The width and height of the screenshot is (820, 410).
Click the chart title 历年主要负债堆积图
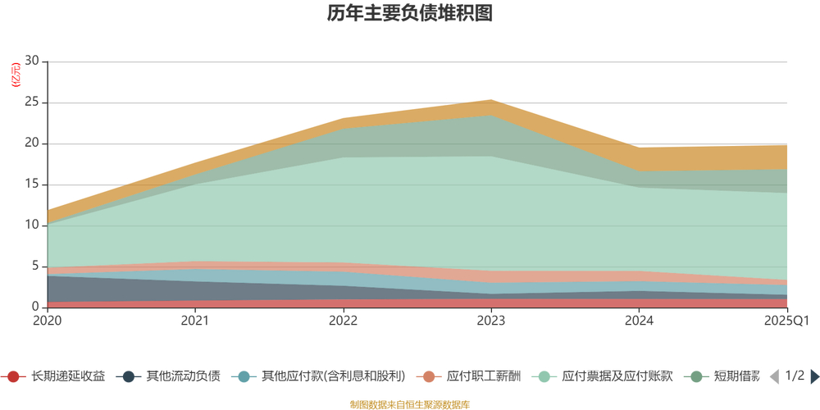(409, 14)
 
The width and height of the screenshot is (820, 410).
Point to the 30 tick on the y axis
(32, 61)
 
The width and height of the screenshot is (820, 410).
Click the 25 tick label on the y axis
(32, 102)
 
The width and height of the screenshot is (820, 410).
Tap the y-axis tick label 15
(32, 184)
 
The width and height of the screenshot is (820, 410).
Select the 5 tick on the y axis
(35, 266)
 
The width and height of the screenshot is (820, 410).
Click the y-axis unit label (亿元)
(16, 75)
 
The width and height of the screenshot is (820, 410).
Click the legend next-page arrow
(815, 377)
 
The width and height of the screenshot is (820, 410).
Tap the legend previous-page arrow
(773, 377)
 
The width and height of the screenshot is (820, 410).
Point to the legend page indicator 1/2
(795, 377)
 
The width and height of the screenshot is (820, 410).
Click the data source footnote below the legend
(409, 404)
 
